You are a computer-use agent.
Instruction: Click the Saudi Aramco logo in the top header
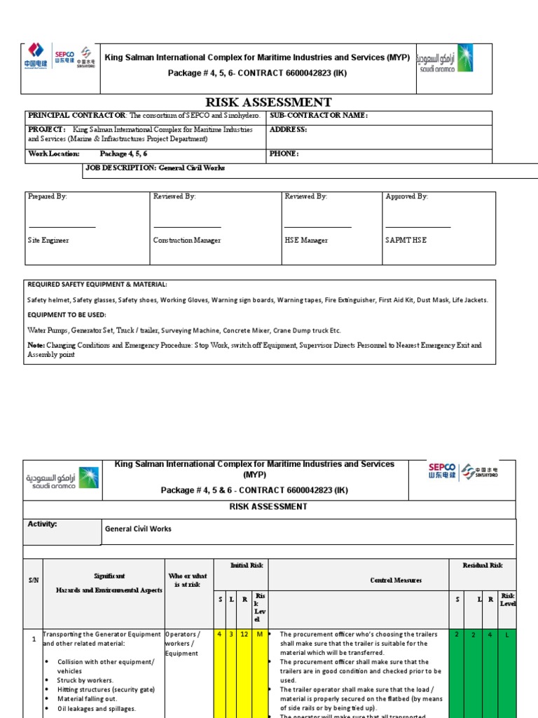point(445,59)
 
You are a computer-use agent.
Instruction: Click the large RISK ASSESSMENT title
point(268,102)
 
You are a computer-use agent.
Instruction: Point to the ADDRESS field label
point(288,130)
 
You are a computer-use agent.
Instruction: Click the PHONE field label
point(284,154)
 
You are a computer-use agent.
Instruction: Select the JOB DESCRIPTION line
point(155,168)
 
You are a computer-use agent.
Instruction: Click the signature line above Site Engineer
point(62,226)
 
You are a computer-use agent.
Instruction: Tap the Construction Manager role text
point(186,241)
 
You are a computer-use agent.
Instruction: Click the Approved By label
point(406,197)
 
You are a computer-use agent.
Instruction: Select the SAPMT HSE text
point(406,241)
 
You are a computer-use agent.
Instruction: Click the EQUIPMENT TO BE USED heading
point(67,315)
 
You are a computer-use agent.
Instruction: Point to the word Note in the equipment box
point(36,345)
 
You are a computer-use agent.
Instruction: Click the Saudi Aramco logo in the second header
point(62,478)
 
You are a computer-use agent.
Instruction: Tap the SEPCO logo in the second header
point(442,470)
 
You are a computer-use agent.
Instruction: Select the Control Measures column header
point(396,580)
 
